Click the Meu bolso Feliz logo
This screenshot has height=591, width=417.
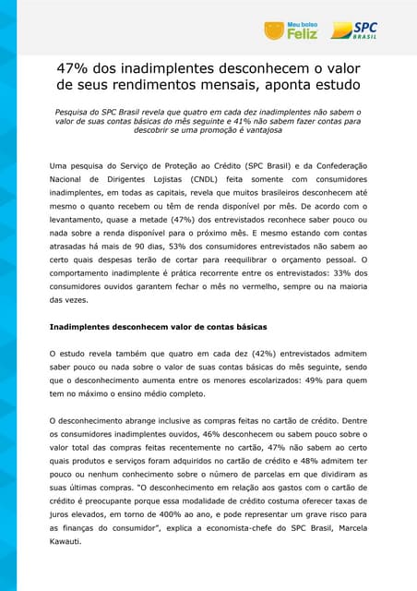coord(291,30)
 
